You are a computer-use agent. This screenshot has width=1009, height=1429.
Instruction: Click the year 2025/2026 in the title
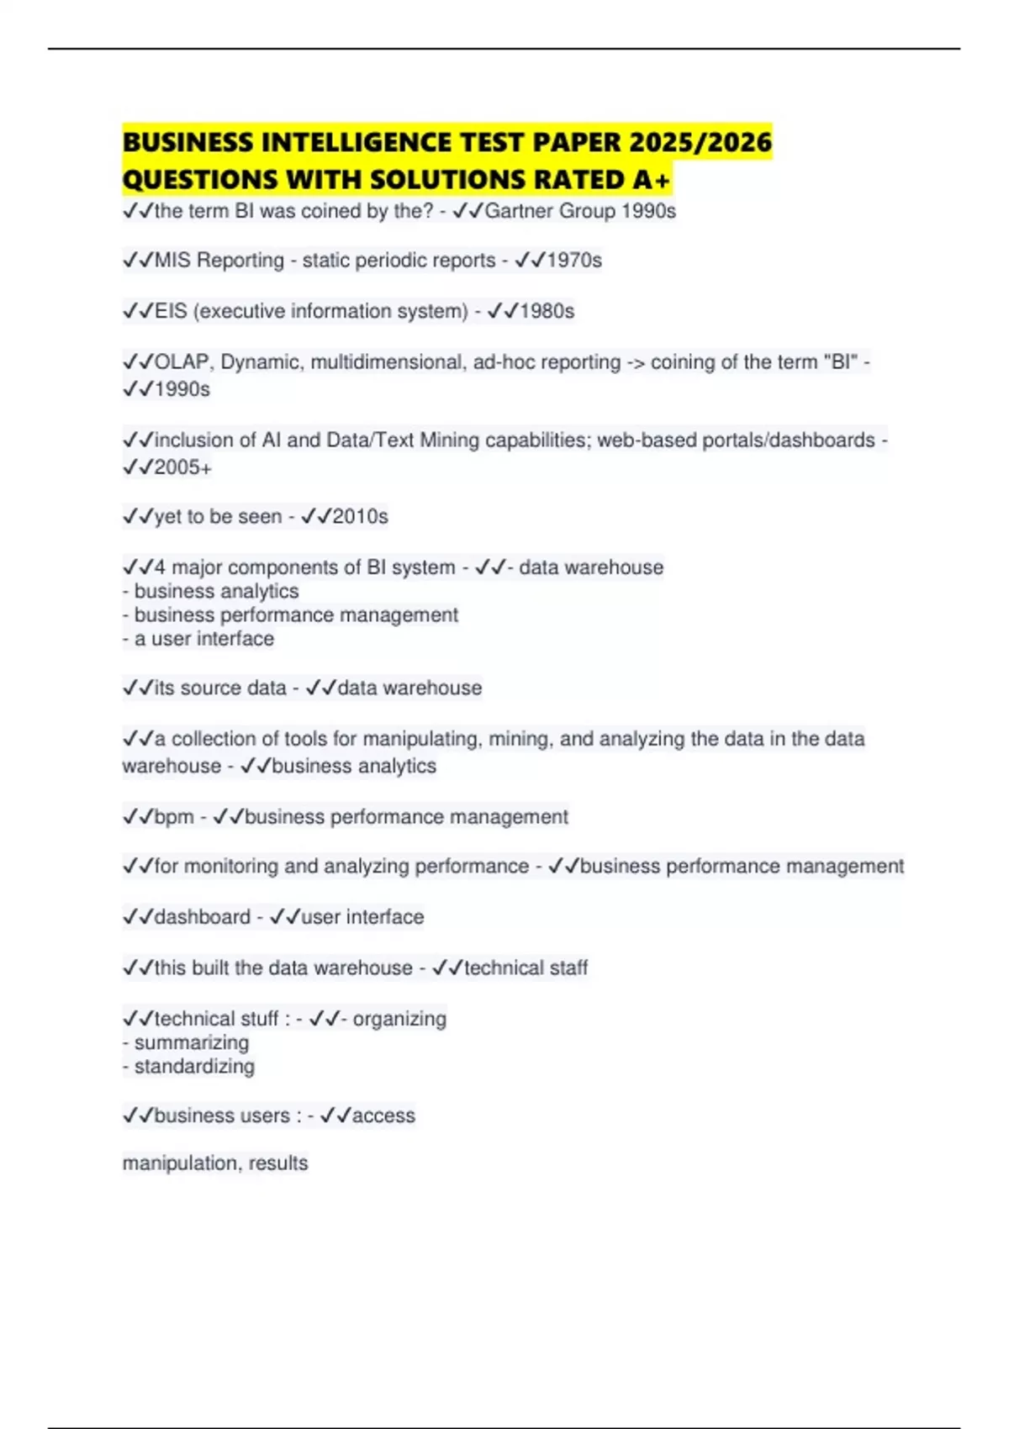(700, 142)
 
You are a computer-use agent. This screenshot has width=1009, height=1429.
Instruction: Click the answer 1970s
(573, 261)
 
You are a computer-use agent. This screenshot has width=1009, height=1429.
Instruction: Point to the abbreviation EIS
(171, 311)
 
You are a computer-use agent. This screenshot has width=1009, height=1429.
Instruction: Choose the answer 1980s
(547, 311)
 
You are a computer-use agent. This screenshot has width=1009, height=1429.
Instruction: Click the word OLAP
(182, 362)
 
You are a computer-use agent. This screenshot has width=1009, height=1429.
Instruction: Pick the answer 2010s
(360, 516)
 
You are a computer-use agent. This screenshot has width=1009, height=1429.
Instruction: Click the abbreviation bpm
(174, 817)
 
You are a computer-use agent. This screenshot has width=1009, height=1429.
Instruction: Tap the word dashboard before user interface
(202, 917)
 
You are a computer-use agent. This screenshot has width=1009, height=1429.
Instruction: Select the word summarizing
(192, 1043)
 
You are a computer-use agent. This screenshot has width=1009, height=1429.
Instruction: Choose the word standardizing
(194, 1067)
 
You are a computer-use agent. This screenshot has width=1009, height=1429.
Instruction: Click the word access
(383, 1115)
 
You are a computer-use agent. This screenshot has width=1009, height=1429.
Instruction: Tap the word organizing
(399, 1019)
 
